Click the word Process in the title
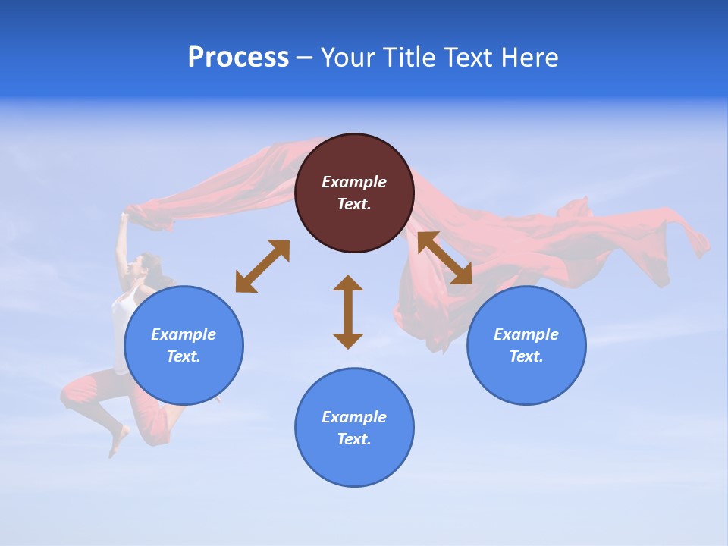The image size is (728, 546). coord(238,58)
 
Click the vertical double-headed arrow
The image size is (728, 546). coord(348,312)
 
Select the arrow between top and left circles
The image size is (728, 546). coord(262,266)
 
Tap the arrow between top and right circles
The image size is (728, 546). coord(444,258)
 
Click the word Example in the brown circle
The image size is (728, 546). coord(354,182)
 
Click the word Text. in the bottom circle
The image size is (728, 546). coord(354,439)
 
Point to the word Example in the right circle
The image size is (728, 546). coord(526,334)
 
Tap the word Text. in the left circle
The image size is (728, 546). coord(184,356)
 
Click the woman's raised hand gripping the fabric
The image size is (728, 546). coord(124,218)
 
